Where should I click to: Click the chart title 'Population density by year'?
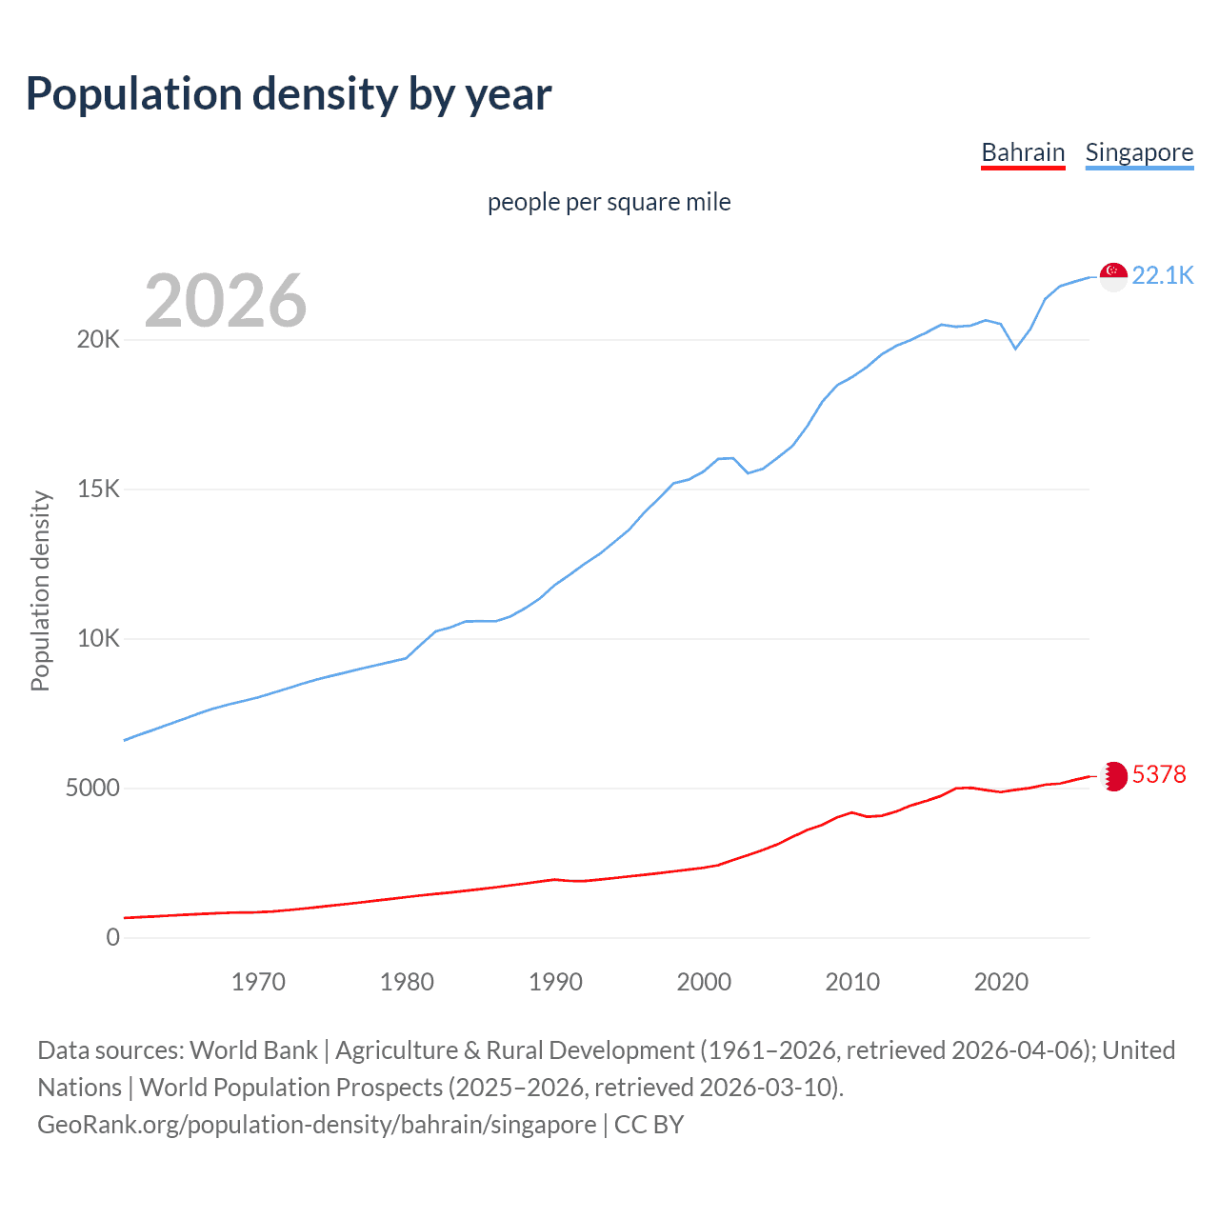[x=289, y=94]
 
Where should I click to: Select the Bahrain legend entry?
[x=1023, y=152]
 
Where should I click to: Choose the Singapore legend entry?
[x=1139, y=152]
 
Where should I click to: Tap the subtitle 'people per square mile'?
[x=609, y=202]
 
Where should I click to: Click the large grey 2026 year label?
[x=226, y=301]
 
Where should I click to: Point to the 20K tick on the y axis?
[x=98, y=340]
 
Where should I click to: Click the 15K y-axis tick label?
[x=98, y=490]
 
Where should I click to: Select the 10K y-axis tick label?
[x=98, y=639]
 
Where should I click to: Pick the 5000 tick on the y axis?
[x=92, y=789]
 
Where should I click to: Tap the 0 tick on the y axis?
[x=113, y=938]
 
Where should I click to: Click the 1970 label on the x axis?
[x=258, y=982]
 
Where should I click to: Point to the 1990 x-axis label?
[x=555, y=982]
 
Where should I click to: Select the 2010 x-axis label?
[x=852, y=982]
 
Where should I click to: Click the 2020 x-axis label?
[x=1001, y=982]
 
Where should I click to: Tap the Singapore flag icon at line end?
[x=1113, y=276]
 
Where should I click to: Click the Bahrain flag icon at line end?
[x=1113, y=776]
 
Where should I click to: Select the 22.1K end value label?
[x=1162, y=276]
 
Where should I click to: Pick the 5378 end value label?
[x=1159, y=774]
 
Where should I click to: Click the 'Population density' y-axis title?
[x=40, y=590]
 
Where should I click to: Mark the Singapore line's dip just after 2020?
[x=1015, y=349]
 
